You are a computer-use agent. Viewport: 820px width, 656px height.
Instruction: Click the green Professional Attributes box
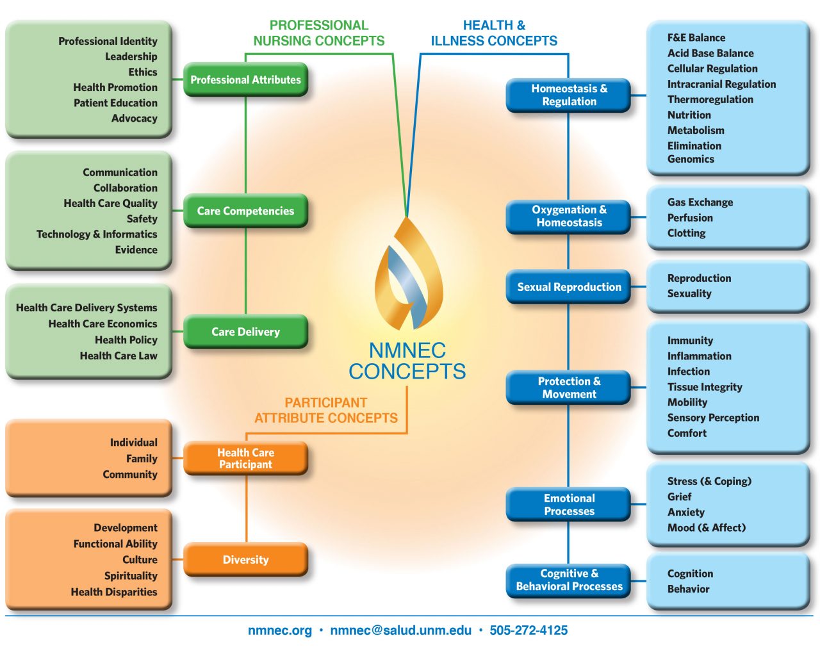245,80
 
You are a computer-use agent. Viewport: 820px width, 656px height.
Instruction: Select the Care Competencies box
245,211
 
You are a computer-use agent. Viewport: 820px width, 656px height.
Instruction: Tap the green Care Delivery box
245,332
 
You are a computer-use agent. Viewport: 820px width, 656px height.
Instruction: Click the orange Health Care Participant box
245,459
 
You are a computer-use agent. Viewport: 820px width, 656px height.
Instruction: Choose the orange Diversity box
245,560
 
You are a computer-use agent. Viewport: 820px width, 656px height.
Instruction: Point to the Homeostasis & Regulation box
569,95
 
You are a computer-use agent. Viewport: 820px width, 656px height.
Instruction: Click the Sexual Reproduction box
569,287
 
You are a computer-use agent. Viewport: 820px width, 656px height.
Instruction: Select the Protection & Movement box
569,388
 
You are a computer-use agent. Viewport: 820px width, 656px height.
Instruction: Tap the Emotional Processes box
569,505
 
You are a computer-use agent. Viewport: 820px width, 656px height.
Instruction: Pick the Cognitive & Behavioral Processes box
569,580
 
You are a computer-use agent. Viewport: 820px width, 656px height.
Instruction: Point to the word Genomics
691,160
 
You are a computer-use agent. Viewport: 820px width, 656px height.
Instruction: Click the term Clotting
686,233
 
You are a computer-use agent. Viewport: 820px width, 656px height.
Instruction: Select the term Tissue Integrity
705,387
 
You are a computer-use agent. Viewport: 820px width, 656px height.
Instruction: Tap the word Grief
679,497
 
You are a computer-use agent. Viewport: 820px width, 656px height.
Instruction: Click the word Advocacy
134,119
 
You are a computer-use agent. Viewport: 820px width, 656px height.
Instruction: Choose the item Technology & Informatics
97,234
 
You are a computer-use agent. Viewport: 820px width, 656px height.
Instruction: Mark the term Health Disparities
114,593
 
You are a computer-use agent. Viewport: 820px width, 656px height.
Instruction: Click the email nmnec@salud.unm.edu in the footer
400,630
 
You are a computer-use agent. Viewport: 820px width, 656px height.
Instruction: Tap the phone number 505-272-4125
529,630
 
